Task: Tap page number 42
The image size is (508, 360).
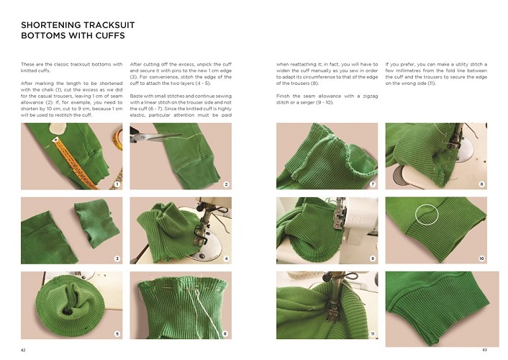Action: pos(24,349)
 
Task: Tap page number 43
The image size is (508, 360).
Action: pos(484,349)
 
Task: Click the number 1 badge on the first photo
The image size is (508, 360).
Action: pos(117,184)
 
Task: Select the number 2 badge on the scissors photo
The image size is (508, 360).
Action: pos(227,184)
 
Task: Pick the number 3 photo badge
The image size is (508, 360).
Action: pos(117,258)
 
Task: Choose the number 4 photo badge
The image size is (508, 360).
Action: pos(227,258)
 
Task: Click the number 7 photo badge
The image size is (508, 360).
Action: pos(373,184)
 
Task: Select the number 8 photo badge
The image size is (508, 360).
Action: pos(482,184)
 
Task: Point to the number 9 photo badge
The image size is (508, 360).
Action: pos(373,258)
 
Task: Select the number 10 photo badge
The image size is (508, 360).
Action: pos(482,258)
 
